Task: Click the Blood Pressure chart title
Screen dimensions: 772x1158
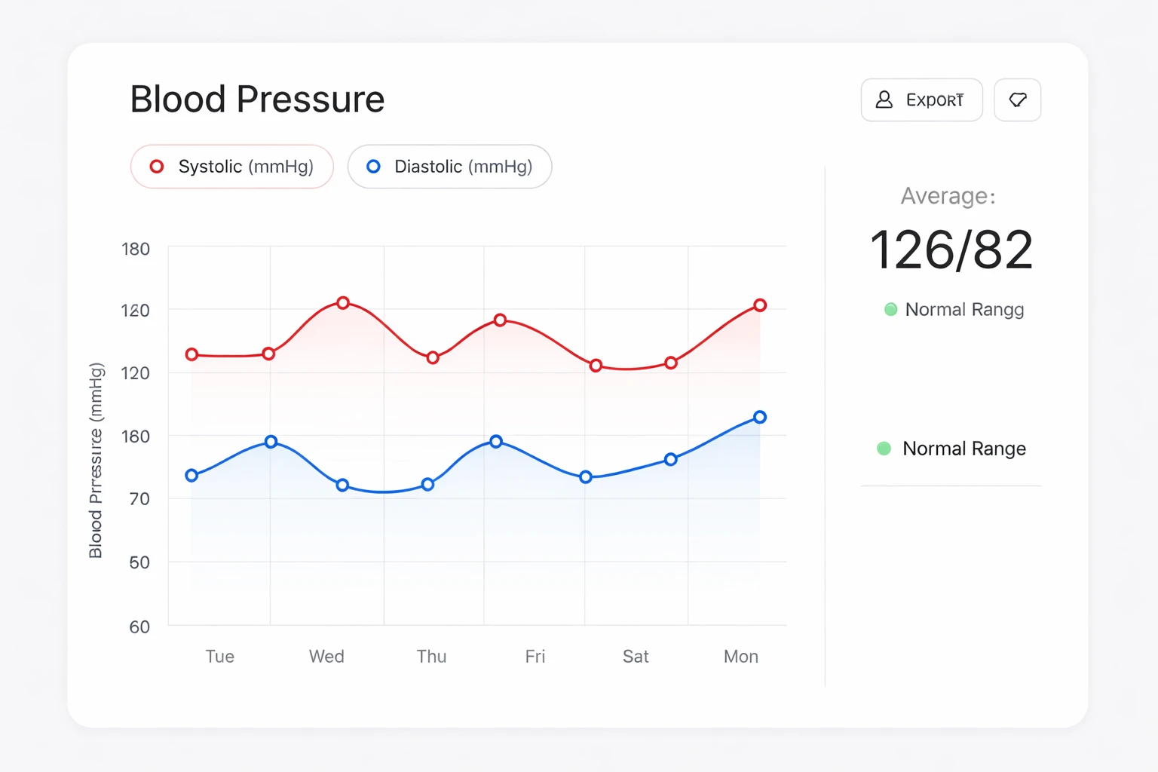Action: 257,99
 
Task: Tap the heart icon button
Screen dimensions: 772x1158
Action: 1017,100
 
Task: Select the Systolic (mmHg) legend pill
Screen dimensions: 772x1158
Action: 231,167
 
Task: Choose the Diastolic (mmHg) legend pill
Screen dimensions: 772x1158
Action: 449,167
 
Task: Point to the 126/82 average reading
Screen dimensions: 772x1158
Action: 951,250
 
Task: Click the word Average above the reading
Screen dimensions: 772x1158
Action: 948,196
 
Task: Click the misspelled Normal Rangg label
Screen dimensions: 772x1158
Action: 963,309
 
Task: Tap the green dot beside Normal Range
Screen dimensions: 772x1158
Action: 884,449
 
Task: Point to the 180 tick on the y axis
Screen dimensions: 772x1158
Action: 136,249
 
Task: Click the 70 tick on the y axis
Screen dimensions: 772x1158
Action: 139,498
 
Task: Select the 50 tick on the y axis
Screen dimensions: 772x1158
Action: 139,562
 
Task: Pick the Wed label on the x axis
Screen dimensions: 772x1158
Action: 326,657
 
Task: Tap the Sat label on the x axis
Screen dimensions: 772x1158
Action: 636,657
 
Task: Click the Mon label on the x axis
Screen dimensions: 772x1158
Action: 740,657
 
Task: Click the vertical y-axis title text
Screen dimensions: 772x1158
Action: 96,460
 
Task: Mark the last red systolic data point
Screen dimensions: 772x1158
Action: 760,305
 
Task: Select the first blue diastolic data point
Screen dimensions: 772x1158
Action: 191,475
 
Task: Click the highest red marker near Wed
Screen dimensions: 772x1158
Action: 343,302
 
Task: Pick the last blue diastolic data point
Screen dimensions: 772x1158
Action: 760,417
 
